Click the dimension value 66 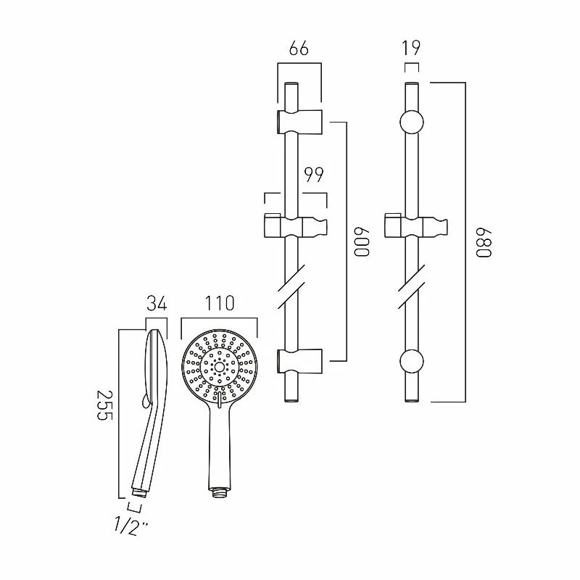tap(299, 49)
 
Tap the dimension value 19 tap(411, 49)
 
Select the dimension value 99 tap(313, 175)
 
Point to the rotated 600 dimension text tap(362, 241)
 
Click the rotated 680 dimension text tap(483, 241)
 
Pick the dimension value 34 tap(157, 302)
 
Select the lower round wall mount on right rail tap(411, 362)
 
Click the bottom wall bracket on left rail tap(298, 360)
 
